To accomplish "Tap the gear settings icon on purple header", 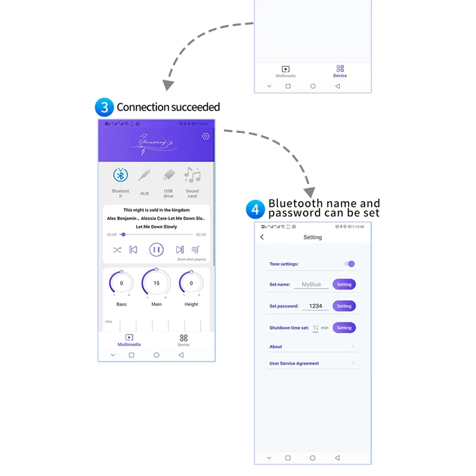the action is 206,136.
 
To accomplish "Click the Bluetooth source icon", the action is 121,175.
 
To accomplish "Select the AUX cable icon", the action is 145,175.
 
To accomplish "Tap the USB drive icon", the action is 168,175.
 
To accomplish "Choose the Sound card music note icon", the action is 192,175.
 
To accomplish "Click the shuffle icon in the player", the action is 117,250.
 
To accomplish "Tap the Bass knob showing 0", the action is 121,283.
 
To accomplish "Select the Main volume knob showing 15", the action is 156,283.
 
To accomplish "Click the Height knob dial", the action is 191,283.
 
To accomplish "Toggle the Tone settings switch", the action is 350,264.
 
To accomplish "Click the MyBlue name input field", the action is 311,284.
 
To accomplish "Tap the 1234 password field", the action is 315,306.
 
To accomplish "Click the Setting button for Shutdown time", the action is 344,328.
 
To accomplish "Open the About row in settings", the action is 312,347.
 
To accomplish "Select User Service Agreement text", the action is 294,364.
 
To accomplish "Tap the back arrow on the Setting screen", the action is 262,237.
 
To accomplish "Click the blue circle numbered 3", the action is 104,108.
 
